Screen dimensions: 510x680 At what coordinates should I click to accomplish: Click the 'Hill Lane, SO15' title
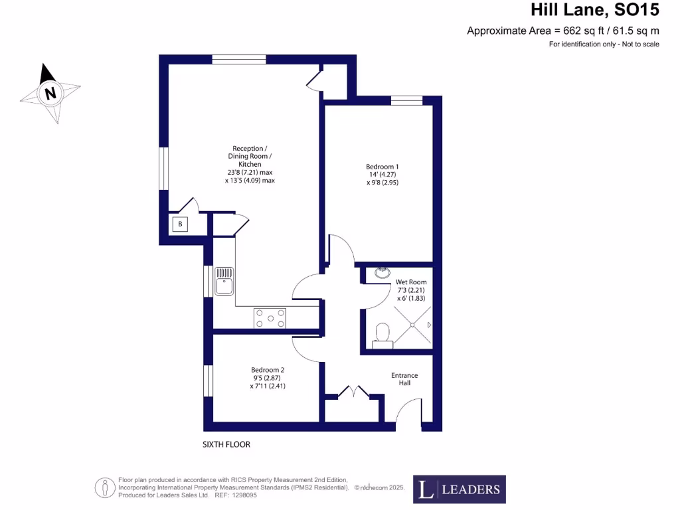coord(595,10)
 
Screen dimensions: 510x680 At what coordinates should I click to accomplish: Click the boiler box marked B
coord(179,224)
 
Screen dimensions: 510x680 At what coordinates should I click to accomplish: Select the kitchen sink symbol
coord(224,280)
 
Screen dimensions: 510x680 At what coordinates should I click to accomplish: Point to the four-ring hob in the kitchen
coord(270,318)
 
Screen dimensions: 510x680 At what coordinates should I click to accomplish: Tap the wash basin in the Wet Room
coord(382,272)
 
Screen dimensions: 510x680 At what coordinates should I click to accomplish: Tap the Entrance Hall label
coord(404,379)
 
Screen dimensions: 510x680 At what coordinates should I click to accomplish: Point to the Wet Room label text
coord(411,282)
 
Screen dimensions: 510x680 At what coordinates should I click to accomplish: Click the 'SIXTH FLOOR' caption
coord(226,444)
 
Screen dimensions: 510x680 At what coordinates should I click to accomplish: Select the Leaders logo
coord(459,489)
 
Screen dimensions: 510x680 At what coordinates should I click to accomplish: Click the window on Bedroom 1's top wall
coord(406,100)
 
